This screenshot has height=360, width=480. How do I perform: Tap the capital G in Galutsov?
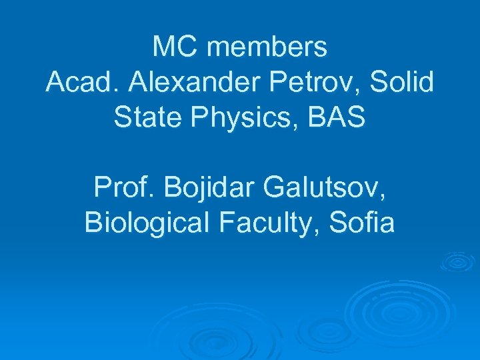tap(275, 189)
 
